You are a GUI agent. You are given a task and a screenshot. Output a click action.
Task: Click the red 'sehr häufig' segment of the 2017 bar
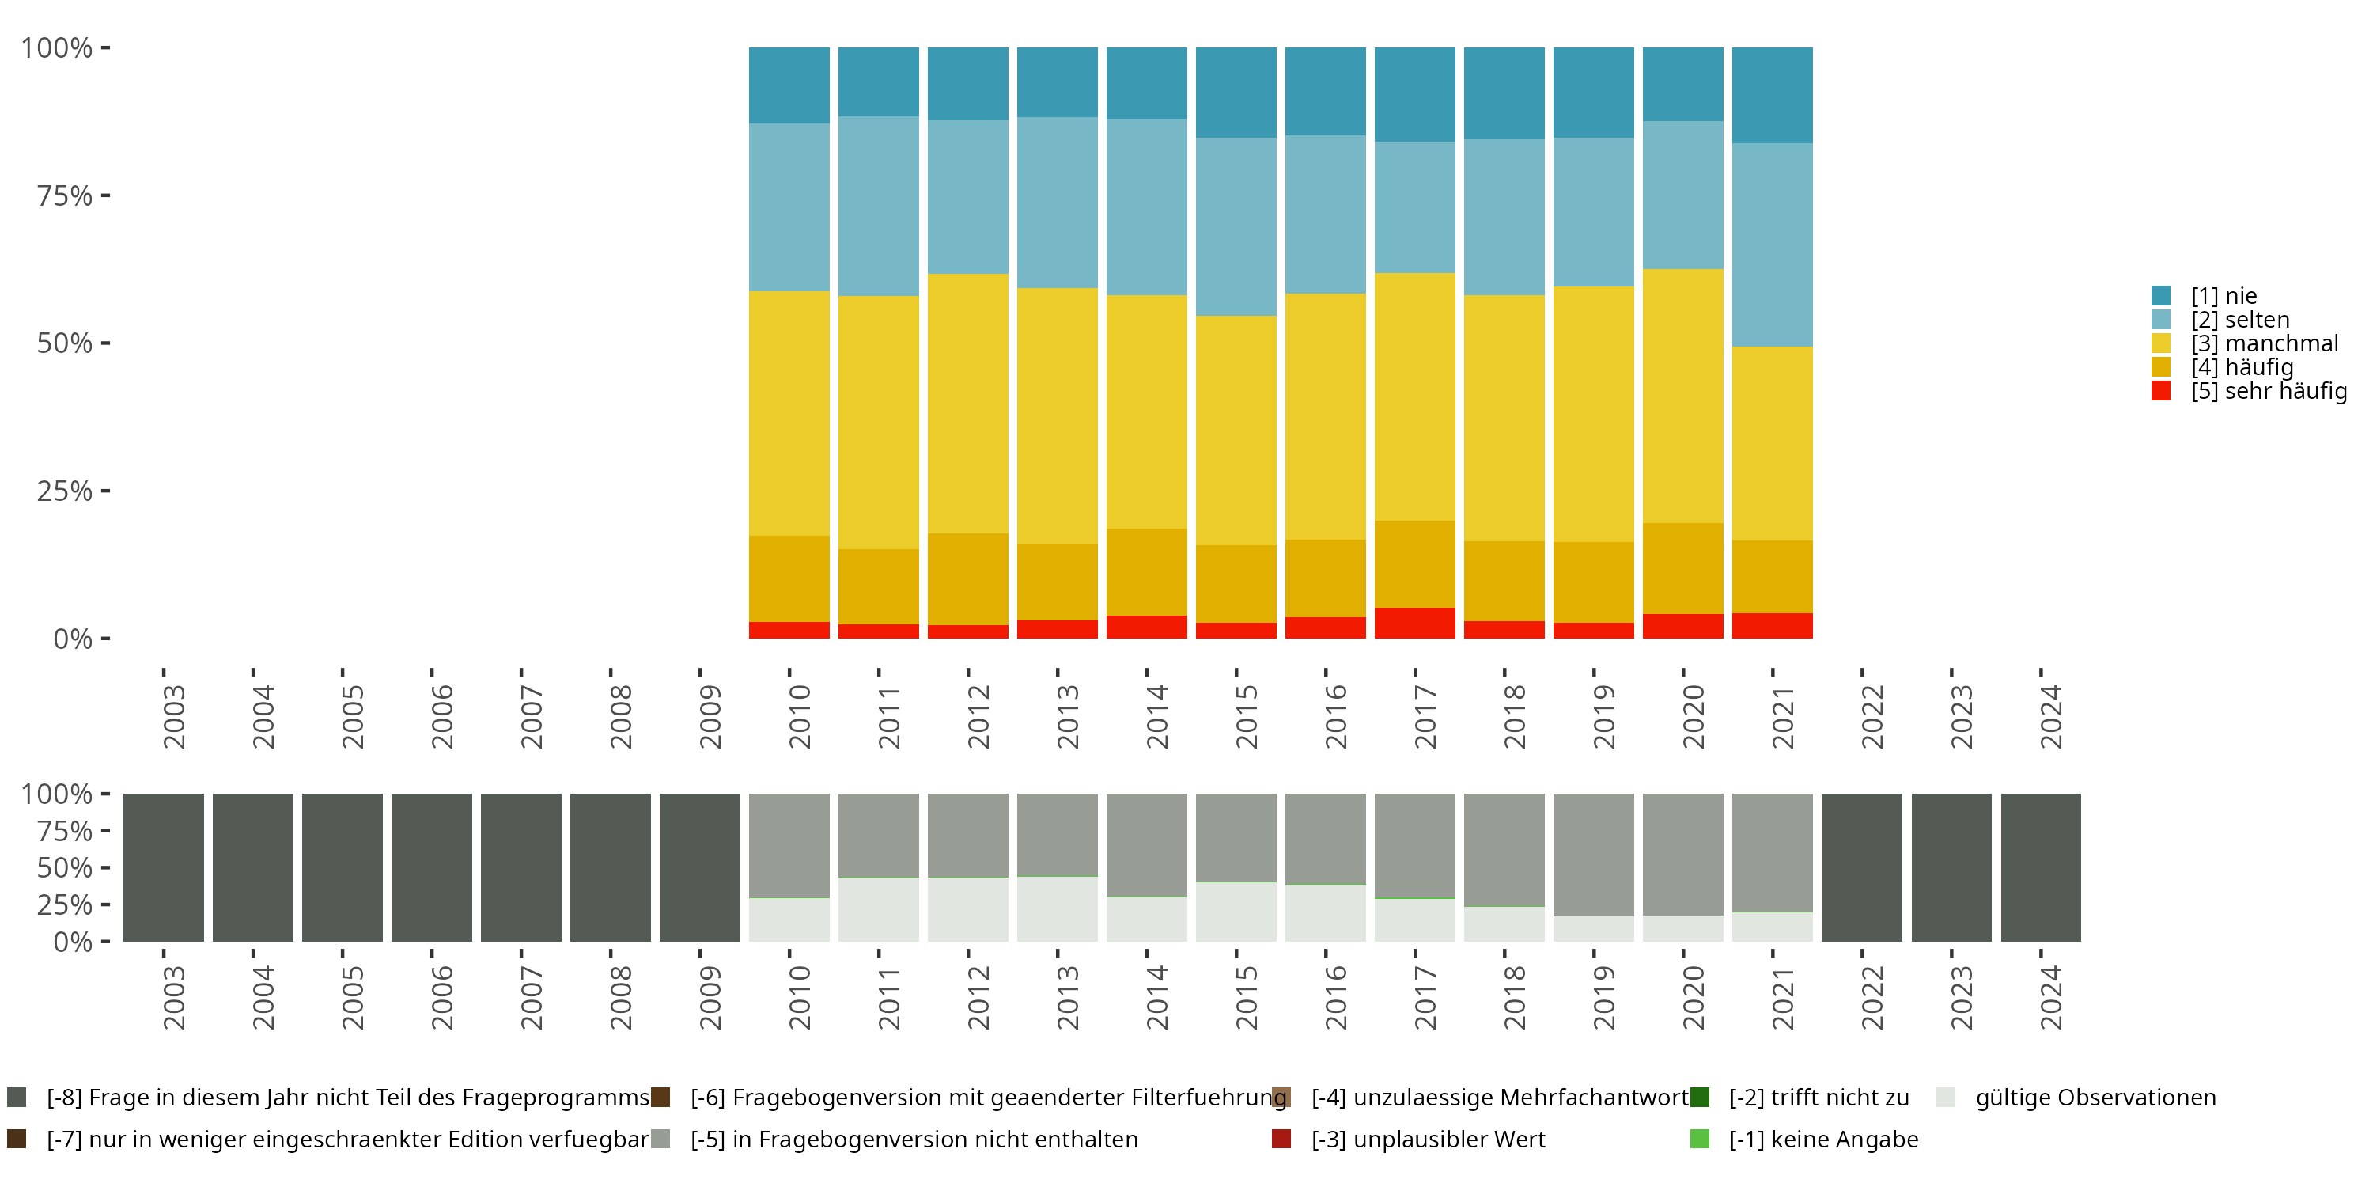[x=1414, y=623]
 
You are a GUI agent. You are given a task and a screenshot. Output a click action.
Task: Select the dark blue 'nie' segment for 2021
[x=1772, y=95]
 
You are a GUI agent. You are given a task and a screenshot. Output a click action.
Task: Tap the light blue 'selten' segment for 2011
[x=878, y=206]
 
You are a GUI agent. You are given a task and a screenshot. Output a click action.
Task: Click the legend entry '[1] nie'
[x=2223, y=296]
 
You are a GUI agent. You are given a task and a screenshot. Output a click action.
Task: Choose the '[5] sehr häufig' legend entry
[x=2267, y=391]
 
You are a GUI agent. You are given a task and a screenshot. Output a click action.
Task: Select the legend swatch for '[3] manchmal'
[x=2161, y=343]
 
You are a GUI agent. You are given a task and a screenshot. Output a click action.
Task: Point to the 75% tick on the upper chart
[x=105, y=195]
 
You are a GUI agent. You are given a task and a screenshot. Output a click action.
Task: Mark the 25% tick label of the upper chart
[x=65, y=491]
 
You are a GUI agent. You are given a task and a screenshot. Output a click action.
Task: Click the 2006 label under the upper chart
[x=441, y=716]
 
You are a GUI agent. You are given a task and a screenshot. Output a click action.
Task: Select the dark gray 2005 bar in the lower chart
[x=342, y=867]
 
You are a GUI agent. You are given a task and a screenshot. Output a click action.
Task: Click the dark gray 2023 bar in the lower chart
[x=1951, y=867]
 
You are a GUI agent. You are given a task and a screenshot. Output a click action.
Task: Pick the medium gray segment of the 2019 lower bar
[x=1593, y=855]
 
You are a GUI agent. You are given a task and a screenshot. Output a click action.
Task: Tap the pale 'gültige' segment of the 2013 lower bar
[x=1057, y=908]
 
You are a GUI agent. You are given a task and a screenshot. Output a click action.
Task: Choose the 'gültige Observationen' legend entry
[x=2095, y=1098]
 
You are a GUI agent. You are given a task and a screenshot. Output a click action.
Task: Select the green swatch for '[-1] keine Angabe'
[x=1700, y=1139]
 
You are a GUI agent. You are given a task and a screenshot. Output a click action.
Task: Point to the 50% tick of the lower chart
[x=105, y=867]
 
